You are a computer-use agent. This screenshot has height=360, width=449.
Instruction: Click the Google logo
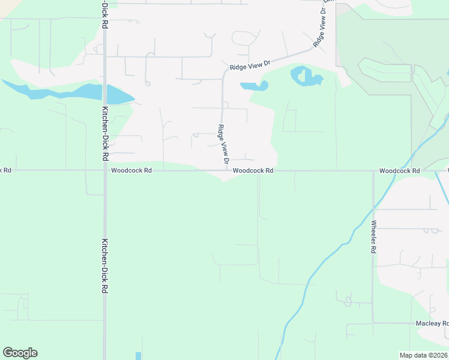click(20, 353)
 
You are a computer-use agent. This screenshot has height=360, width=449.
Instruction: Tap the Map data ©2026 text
click(423, 355)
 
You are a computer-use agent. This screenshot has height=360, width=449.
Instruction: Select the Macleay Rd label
click(432, 323)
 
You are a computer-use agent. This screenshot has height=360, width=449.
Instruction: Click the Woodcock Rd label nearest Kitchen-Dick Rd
click(131, 170)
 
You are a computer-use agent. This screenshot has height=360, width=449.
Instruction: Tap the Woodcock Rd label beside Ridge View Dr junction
click(253, 170)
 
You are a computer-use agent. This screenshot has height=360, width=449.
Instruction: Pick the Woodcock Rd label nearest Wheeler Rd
click(399, 170)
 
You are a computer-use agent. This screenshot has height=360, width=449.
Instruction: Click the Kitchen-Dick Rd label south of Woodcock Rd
click(104, 266)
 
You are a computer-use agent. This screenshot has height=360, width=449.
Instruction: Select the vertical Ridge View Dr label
click(223, 145)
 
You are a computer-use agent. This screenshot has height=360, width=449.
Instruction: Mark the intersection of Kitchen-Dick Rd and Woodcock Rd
click(104, 170)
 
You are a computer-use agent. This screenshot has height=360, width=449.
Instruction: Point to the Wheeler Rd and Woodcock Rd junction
click(373, 170)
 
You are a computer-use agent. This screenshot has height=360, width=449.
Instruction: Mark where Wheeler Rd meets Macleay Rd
click(373, 323)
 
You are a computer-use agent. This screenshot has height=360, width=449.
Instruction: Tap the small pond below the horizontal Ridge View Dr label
click(254, 86)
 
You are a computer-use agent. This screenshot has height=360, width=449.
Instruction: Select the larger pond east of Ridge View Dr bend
click(306, 77)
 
